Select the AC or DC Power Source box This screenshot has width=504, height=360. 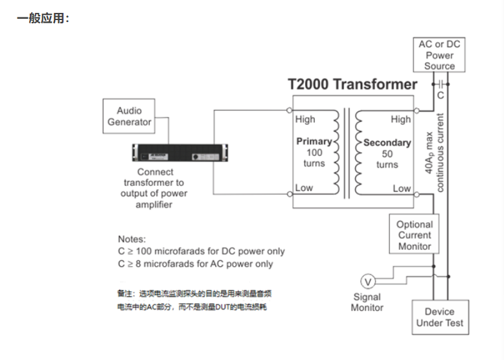click(439, 55)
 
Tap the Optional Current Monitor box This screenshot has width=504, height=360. click(415, 235)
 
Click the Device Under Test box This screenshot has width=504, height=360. click(439, 317)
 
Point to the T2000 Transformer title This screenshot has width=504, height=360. click(352, 84)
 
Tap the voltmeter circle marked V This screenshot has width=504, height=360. click(368, 282)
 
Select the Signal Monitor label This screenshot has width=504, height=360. click(367, 302)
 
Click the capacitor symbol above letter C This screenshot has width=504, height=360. click(441, 84)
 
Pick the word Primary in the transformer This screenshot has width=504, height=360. click(314, 141)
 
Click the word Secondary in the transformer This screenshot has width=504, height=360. click(387, 142)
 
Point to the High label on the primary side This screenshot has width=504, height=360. click(305, 119)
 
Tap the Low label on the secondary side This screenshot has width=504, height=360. click(402, 188)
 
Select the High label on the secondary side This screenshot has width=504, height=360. click(400, 119)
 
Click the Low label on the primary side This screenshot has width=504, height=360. click(304, 188)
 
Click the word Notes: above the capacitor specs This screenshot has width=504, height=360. click(132, 239)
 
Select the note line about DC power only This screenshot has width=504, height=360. click(201, 251)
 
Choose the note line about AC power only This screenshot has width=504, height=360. click(196, 264)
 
